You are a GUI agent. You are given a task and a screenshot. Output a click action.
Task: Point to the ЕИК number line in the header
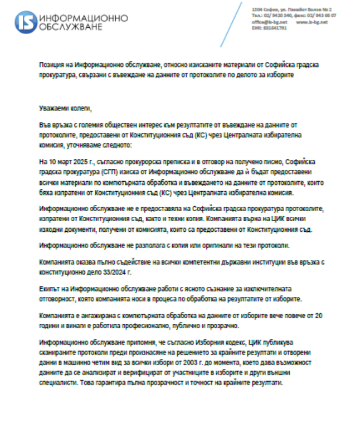coord(269,27)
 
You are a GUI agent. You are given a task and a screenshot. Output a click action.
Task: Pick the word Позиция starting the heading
coord(52,65)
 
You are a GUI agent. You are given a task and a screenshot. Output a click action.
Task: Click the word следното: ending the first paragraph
coord(115,145)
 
